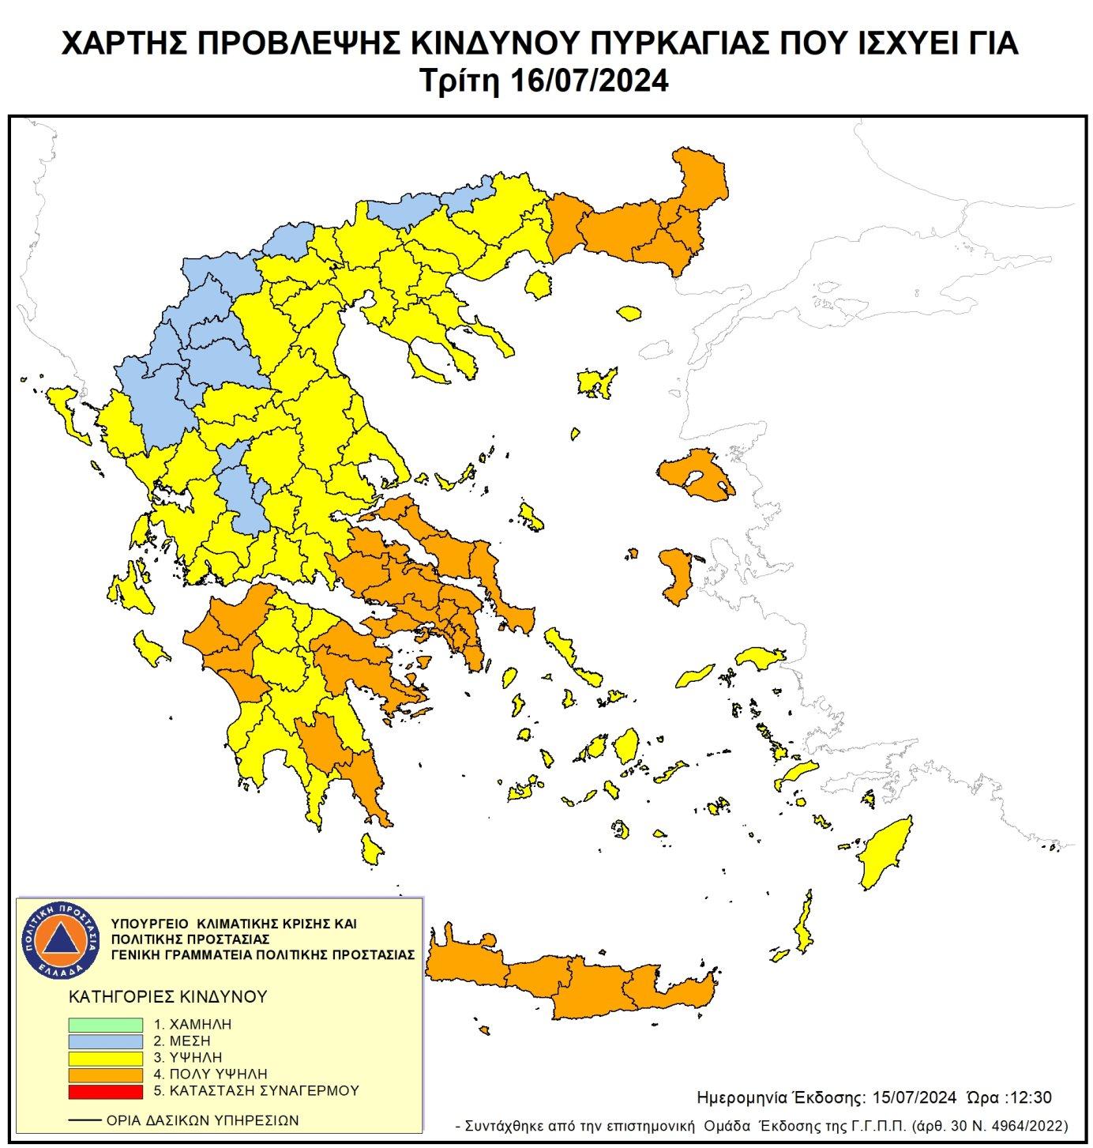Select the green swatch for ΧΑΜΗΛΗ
click(105, 1024)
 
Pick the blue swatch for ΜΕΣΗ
click(105, 1041)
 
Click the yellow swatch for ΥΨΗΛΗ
click(105, 1057)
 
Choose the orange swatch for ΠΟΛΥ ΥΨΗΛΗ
click(105, 1074)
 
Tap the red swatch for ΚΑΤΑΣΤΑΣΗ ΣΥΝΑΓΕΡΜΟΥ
click(105, 1090)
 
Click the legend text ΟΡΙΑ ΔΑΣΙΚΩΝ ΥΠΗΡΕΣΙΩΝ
click(202, 1120)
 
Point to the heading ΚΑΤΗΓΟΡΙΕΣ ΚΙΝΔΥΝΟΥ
click(168, 996)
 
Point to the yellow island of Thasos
click(539, 284)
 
